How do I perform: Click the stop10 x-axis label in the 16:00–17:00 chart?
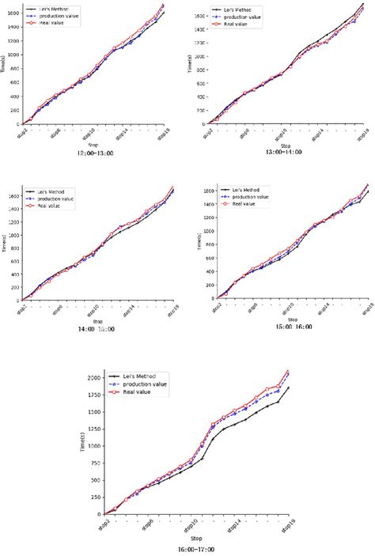click(190, 526)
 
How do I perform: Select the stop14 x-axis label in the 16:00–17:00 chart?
click(234, 526)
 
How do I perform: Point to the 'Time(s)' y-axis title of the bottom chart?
click(71, 448)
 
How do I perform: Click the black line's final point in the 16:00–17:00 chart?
click(288, 388)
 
